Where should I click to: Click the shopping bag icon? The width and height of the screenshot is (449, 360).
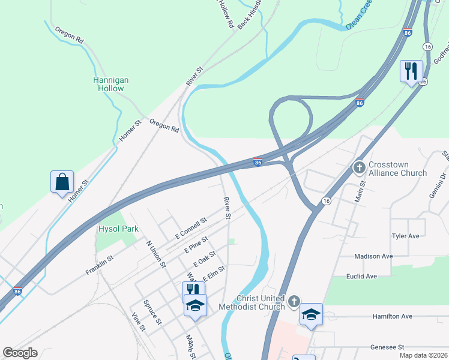tap(62, 182)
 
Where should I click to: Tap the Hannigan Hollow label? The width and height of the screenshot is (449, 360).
tap(111, 84)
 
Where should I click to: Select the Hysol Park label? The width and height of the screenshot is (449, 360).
tap(118, 229)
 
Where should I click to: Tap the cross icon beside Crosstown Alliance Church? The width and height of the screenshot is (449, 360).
tap(360, 167)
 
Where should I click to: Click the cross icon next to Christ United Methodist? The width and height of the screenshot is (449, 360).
tap(294, 301)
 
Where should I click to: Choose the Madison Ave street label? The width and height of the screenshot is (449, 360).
tap(373, 256)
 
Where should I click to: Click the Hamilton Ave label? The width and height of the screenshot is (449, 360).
tap(392, 316)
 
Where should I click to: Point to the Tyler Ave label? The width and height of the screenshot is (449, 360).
tap(405, 236)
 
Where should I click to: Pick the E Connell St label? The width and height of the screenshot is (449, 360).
tap(190, 227)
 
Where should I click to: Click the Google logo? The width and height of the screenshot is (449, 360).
tap(20, 353)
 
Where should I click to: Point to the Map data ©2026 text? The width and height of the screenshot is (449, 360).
tap(423, 355)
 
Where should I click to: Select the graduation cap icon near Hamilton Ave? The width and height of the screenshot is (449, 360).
tap(311, 314)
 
